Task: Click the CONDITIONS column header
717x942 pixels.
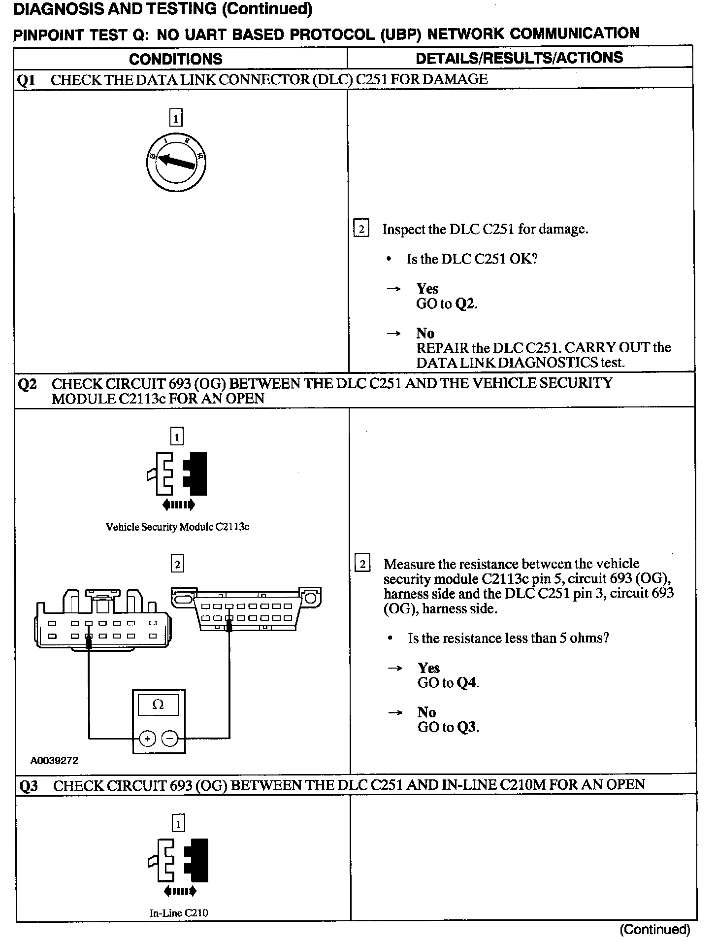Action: [x=175, y=59]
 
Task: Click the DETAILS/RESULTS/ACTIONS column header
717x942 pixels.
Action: [x=519, y=58]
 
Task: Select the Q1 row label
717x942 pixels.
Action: [x=26, y=80]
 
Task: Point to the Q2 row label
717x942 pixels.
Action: [x=27, y=384]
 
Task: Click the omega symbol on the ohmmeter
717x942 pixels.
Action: [x=158, y=705]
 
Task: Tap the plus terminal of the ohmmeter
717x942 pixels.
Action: [x=147, y=739]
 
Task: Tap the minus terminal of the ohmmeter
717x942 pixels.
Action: [x=170, y=739]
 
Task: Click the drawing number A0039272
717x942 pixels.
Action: [x=54, y=760]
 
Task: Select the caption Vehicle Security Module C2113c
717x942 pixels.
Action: [x=177, y=527]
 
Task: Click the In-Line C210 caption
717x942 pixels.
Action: [x=178, y=913]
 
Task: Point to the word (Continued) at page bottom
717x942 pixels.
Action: [x=654, y=929]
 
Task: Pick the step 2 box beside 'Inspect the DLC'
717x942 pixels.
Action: [x=361, y=229]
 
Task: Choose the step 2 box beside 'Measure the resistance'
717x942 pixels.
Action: [x=362, y=564]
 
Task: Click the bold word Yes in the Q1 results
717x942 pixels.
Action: [x=427, y=288]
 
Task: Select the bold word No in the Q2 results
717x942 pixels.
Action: [x=426, y=712]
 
